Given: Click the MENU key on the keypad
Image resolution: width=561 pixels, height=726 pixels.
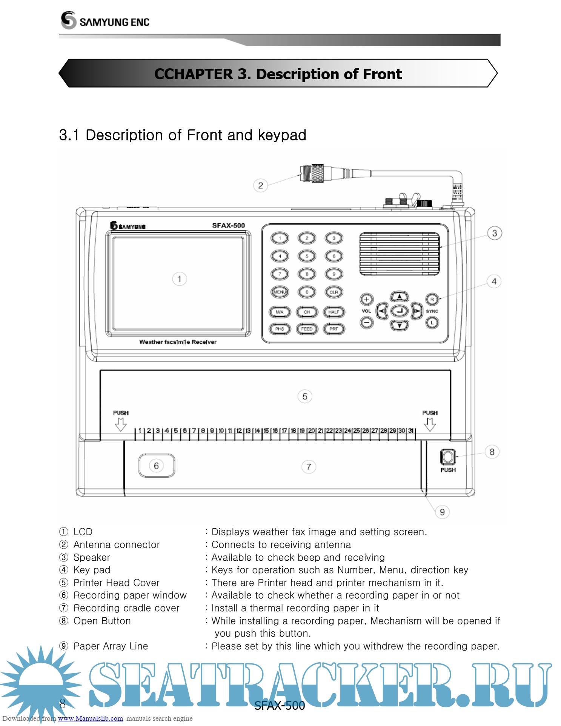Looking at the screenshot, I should pos(280,292).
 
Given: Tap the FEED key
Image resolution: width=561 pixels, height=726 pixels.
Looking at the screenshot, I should pos(307,329).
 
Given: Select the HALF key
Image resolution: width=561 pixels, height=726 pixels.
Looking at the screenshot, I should pos(334,312).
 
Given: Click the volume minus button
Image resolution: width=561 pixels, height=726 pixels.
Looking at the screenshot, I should pos(366,323).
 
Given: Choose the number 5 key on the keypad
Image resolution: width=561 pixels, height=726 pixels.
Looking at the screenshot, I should pos(307,256).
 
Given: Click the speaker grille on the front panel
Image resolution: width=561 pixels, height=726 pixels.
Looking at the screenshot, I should pos(399,254).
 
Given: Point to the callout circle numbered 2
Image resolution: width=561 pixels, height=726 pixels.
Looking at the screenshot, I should pos(260,186).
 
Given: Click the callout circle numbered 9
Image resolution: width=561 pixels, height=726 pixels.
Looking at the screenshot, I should pos(442,512).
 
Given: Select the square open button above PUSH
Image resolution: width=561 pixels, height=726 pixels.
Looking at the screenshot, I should pos(448,457).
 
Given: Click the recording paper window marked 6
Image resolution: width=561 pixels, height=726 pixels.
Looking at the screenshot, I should pos(157,466).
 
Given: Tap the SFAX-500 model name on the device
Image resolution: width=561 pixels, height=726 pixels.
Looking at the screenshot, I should pos(228,226).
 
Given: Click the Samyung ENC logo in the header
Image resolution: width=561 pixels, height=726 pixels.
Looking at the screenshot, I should pos(105,20).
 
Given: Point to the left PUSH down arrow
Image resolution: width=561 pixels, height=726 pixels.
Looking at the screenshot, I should pos(121,424).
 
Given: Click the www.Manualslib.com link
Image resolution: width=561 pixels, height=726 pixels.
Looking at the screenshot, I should pos(91,718).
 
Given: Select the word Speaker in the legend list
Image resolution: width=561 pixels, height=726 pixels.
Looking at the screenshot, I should pos(92,557).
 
